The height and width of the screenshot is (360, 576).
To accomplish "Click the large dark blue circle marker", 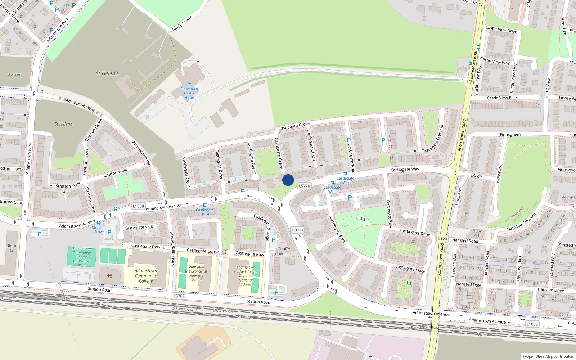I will point(288,180).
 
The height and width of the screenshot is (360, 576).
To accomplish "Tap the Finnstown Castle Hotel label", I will point(189,93).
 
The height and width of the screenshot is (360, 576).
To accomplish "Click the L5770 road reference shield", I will point(304,186).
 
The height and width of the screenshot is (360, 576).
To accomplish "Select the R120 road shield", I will point(442,239).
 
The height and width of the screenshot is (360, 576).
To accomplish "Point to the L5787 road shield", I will point(179,296).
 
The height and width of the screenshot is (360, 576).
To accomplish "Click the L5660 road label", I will point(476,176).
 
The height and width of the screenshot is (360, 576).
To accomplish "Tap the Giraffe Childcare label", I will point(284,251).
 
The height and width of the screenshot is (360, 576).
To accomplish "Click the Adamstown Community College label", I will point(146,276).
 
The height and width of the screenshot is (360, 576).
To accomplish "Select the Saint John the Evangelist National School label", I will point(196,273).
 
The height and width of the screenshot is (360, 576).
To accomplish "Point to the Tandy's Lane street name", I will point(182,23).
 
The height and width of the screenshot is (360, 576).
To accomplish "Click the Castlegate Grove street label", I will point(294,126).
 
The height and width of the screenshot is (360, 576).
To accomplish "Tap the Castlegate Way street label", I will point(405,169).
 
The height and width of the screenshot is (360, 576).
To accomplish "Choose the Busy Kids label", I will point(477,233).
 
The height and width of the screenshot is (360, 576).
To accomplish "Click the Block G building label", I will point(11,248).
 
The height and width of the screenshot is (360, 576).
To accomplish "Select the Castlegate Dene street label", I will point(415,232).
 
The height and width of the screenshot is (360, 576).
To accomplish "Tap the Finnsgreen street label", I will point(510,134).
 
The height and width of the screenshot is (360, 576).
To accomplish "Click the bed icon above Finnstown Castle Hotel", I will point(189,84).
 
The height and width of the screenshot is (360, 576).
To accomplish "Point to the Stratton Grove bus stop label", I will point(99,230).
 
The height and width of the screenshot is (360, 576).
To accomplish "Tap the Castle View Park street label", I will point(502,98).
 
